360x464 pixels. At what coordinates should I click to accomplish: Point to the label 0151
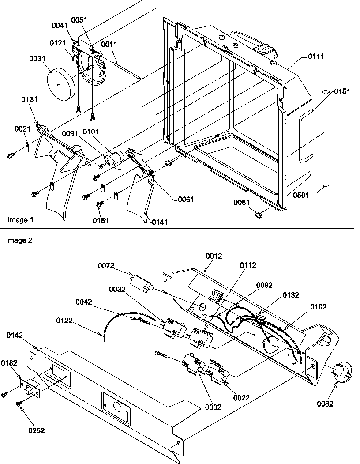tap(342, 91)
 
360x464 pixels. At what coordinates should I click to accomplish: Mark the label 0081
tap(243, 203)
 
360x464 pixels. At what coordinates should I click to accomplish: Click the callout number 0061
tap(186, 200)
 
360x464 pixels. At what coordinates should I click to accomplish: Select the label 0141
tap(160, 223)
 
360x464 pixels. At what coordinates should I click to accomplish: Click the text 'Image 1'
tap(20, 219)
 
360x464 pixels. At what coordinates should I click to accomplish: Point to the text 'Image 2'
tap(19, 241)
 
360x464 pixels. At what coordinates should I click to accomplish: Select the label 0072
tap(106, 265)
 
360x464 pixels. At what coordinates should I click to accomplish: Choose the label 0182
tap(9, 362)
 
